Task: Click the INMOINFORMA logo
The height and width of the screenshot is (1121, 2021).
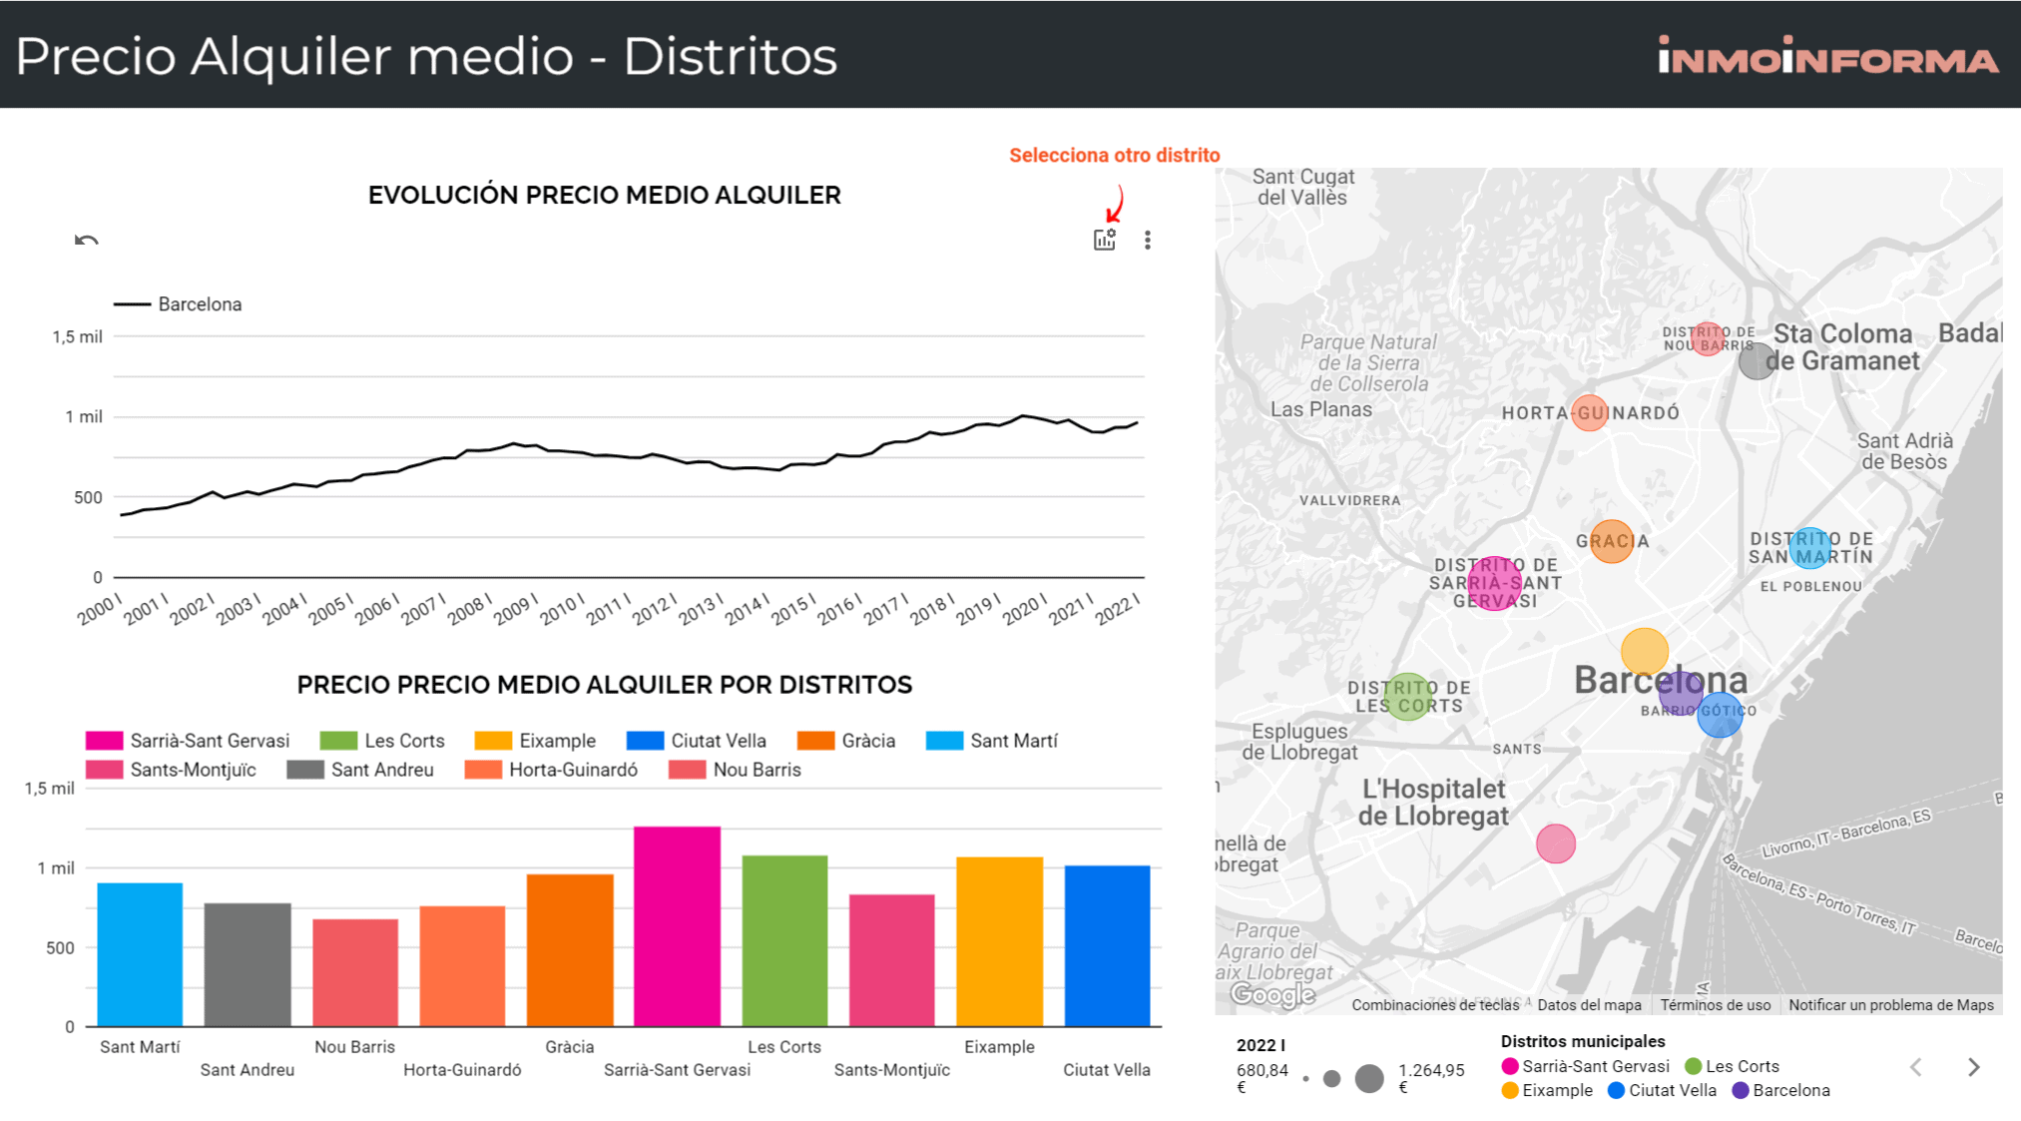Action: point(1827,56)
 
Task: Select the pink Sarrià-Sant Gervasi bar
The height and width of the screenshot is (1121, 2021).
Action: point(677,925)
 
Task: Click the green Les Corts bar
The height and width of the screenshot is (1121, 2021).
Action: point(784,940)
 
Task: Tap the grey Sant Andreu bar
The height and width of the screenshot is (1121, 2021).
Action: point(248,964)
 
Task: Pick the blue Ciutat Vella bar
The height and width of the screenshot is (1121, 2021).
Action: point(1107,945)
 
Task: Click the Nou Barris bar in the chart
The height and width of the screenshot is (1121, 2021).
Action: point(354,972)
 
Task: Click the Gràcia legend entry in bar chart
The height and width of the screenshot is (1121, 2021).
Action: point(847,741)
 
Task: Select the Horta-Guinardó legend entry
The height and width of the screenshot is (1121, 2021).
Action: point(552,770)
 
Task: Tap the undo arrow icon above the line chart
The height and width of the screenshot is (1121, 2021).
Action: point(87,240)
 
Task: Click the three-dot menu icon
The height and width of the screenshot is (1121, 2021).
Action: point(1148,240)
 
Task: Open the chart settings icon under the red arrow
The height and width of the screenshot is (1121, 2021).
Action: point(1104,240)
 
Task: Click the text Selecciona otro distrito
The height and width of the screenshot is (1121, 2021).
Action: point(1114,155)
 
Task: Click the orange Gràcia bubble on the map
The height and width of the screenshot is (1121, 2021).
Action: point(1611,541)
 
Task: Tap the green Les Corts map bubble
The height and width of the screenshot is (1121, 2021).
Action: point(1408,696)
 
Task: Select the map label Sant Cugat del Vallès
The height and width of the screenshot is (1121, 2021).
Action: point(1302,187)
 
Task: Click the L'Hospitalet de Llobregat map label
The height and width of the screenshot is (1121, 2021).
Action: point(1433,802)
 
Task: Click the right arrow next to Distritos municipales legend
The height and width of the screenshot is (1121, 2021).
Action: point(1973,1067)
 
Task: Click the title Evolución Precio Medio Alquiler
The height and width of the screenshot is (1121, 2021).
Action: point(604,195)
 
